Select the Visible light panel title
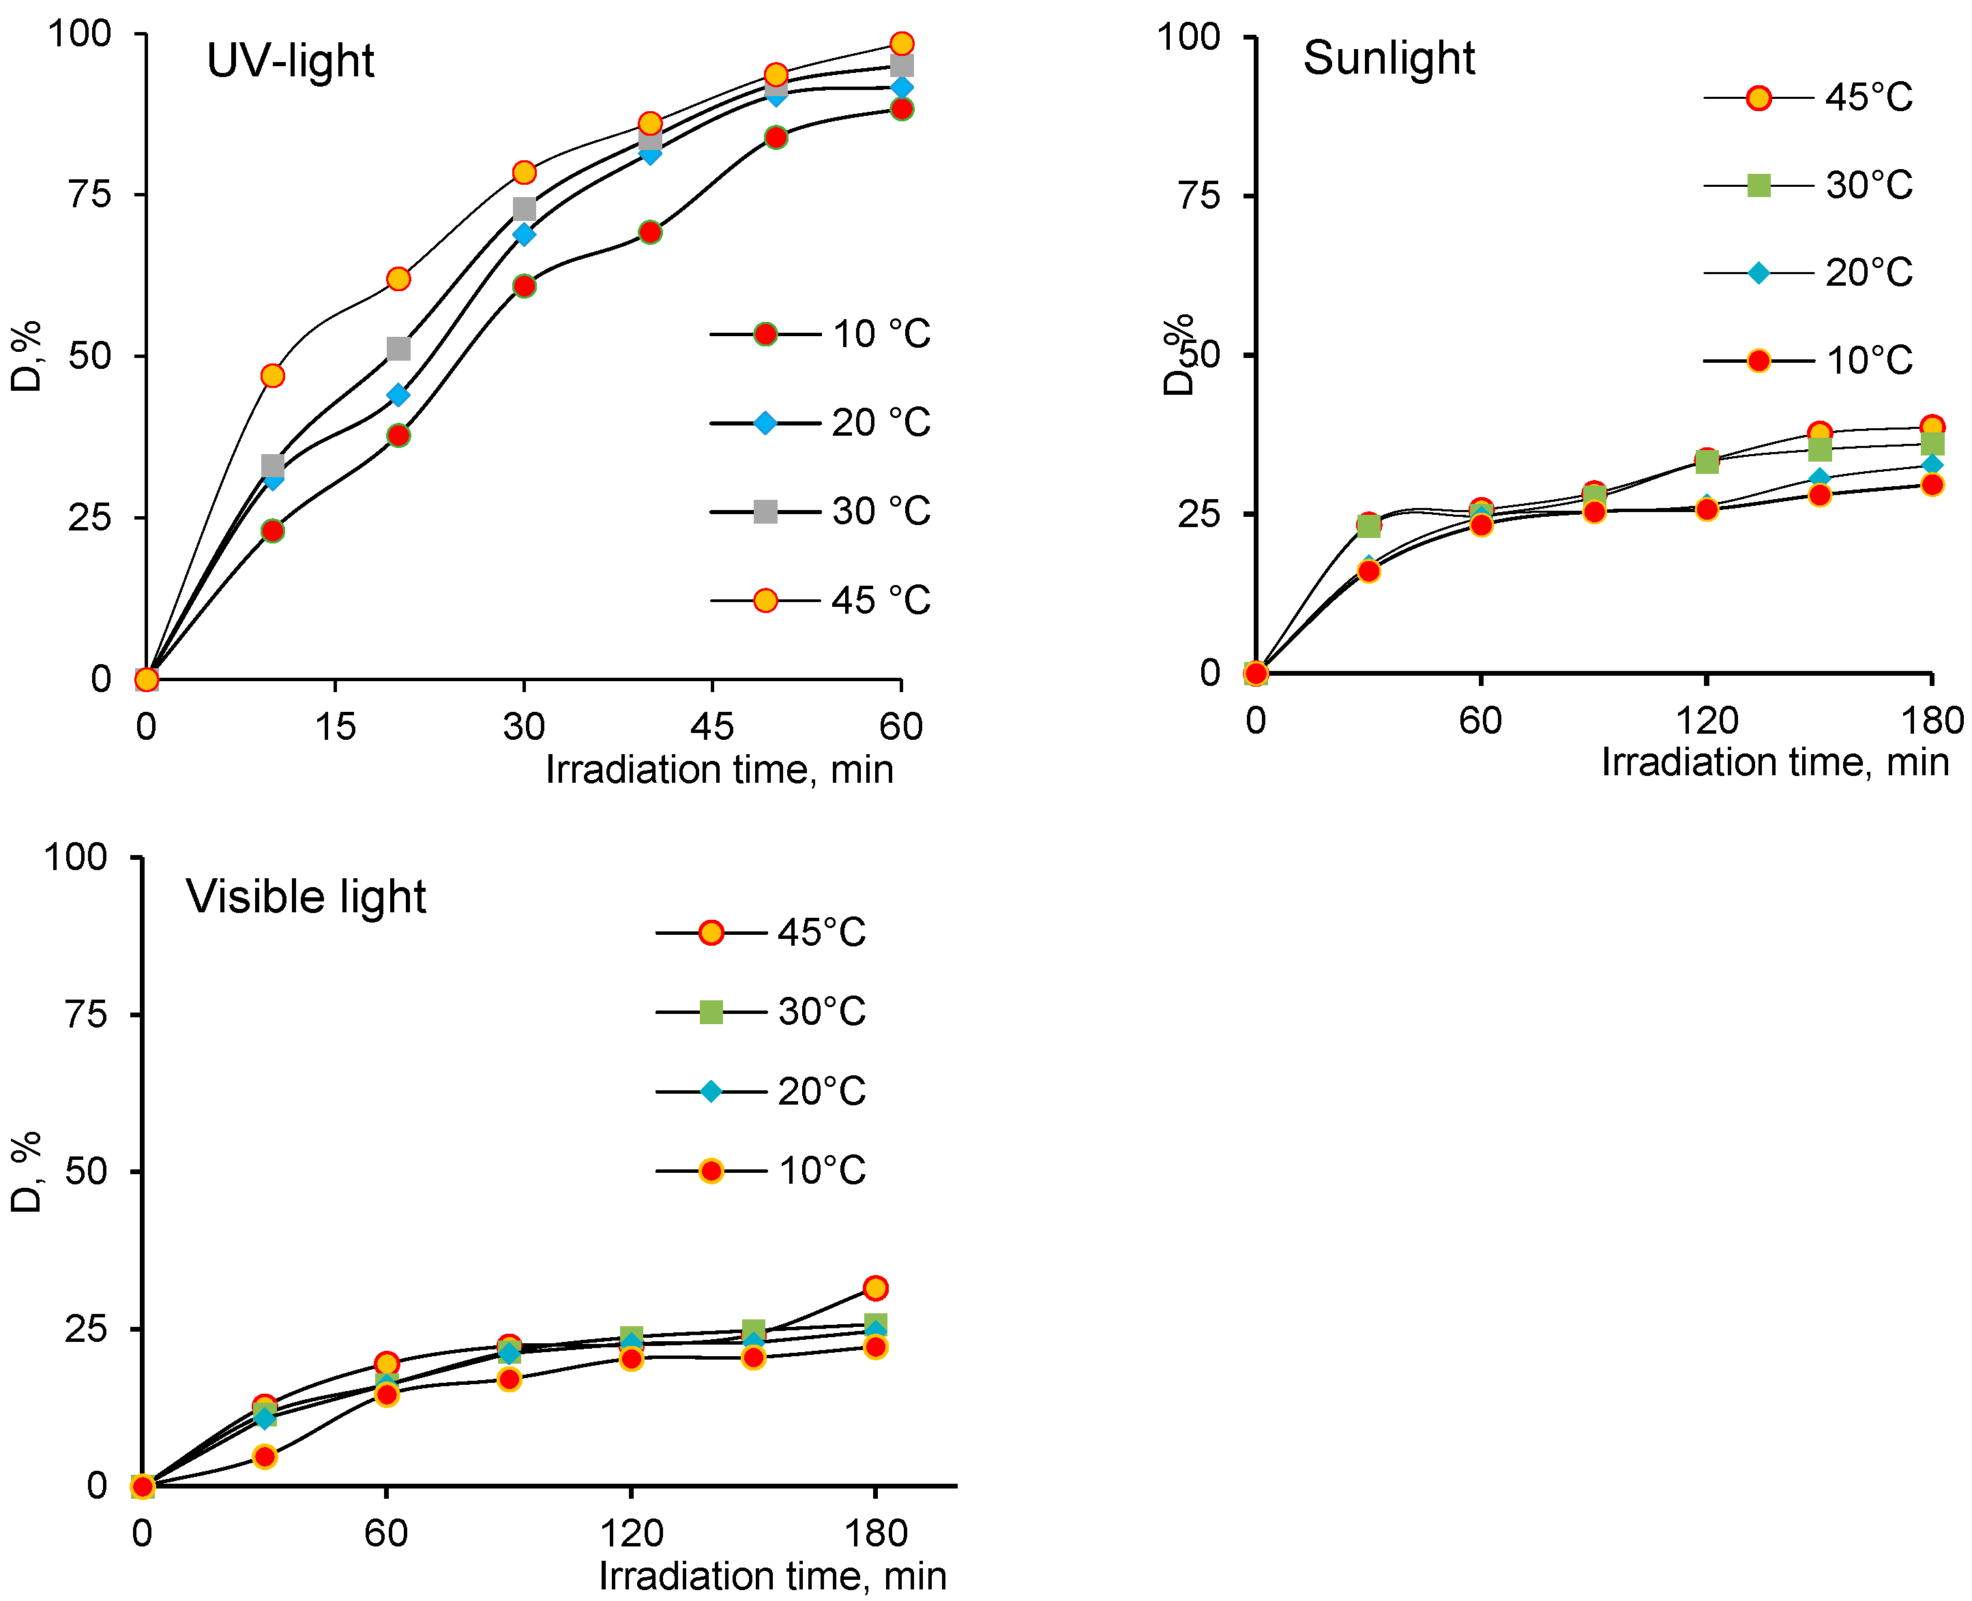point(306,897)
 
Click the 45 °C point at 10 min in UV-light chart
point(272,375)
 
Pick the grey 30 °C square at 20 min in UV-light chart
point(398,348)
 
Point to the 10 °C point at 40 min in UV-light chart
point(649,231)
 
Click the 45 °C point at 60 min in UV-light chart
point(901,44)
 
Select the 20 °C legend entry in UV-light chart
point(820,422)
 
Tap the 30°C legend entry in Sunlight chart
point(1808,185)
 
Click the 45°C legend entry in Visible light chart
point(761,932)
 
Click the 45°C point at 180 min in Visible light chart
point(875,1287)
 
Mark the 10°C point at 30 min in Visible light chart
point(265,1456)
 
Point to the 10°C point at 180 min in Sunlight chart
point(1932,484)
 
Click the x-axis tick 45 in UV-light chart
point(711,727)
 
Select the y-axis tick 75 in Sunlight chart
point(1199,196)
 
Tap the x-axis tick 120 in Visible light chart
point(631,1533)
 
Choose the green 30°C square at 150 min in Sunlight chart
point(1819,449)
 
